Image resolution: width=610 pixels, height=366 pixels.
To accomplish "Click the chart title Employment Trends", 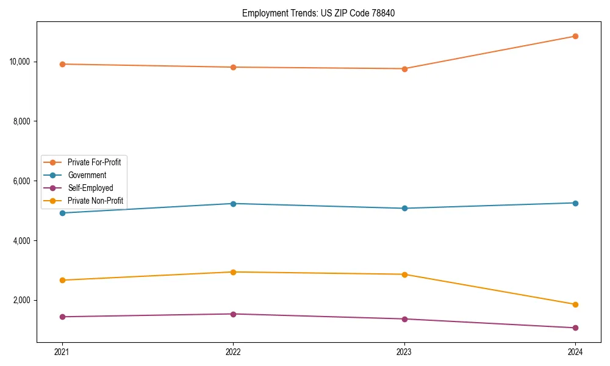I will coord(318,13).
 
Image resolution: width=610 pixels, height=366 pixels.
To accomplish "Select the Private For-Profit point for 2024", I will coord(575,36).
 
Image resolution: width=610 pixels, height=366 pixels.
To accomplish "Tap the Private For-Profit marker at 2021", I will coord(62,64).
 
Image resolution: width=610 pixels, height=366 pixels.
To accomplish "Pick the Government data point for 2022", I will coord(233,204).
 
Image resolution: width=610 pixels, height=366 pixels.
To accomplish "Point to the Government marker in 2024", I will coord(575,203).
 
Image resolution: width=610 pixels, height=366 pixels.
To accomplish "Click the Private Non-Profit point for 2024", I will coord(575,304).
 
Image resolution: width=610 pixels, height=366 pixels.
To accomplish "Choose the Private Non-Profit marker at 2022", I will coord(233,272).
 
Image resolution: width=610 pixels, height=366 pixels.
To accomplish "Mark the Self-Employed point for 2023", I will coord(404,319).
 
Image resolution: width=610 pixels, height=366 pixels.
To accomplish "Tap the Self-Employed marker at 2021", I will coord(62,317).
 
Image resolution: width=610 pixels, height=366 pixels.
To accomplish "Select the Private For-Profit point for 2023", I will coord(404,69).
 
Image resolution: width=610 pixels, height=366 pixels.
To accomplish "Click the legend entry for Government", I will coord(87,175).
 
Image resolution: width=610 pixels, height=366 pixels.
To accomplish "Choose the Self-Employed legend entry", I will coord(90,188).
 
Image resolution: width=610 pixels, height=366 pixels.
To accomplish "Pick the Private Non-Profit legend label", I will coord(95,201).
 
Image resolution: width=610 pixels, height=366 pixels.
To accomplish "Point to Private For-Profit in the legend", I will coord(94,162).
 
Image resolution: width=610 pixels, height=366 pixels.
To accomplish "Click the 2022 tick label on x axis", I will coord(233,351).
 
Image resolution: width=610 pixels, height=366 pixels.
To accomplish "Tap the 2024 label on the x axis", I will coord(575,351).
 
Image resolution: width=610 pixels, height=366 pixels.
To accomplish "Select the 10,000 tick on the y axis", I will coord(21,62).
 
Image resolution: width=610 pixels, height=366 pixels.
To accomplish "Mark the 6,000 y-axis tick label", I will coord(23,181).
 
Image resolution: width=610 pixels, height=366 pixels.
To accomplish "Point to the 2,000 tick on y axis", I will coord(23,300).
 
